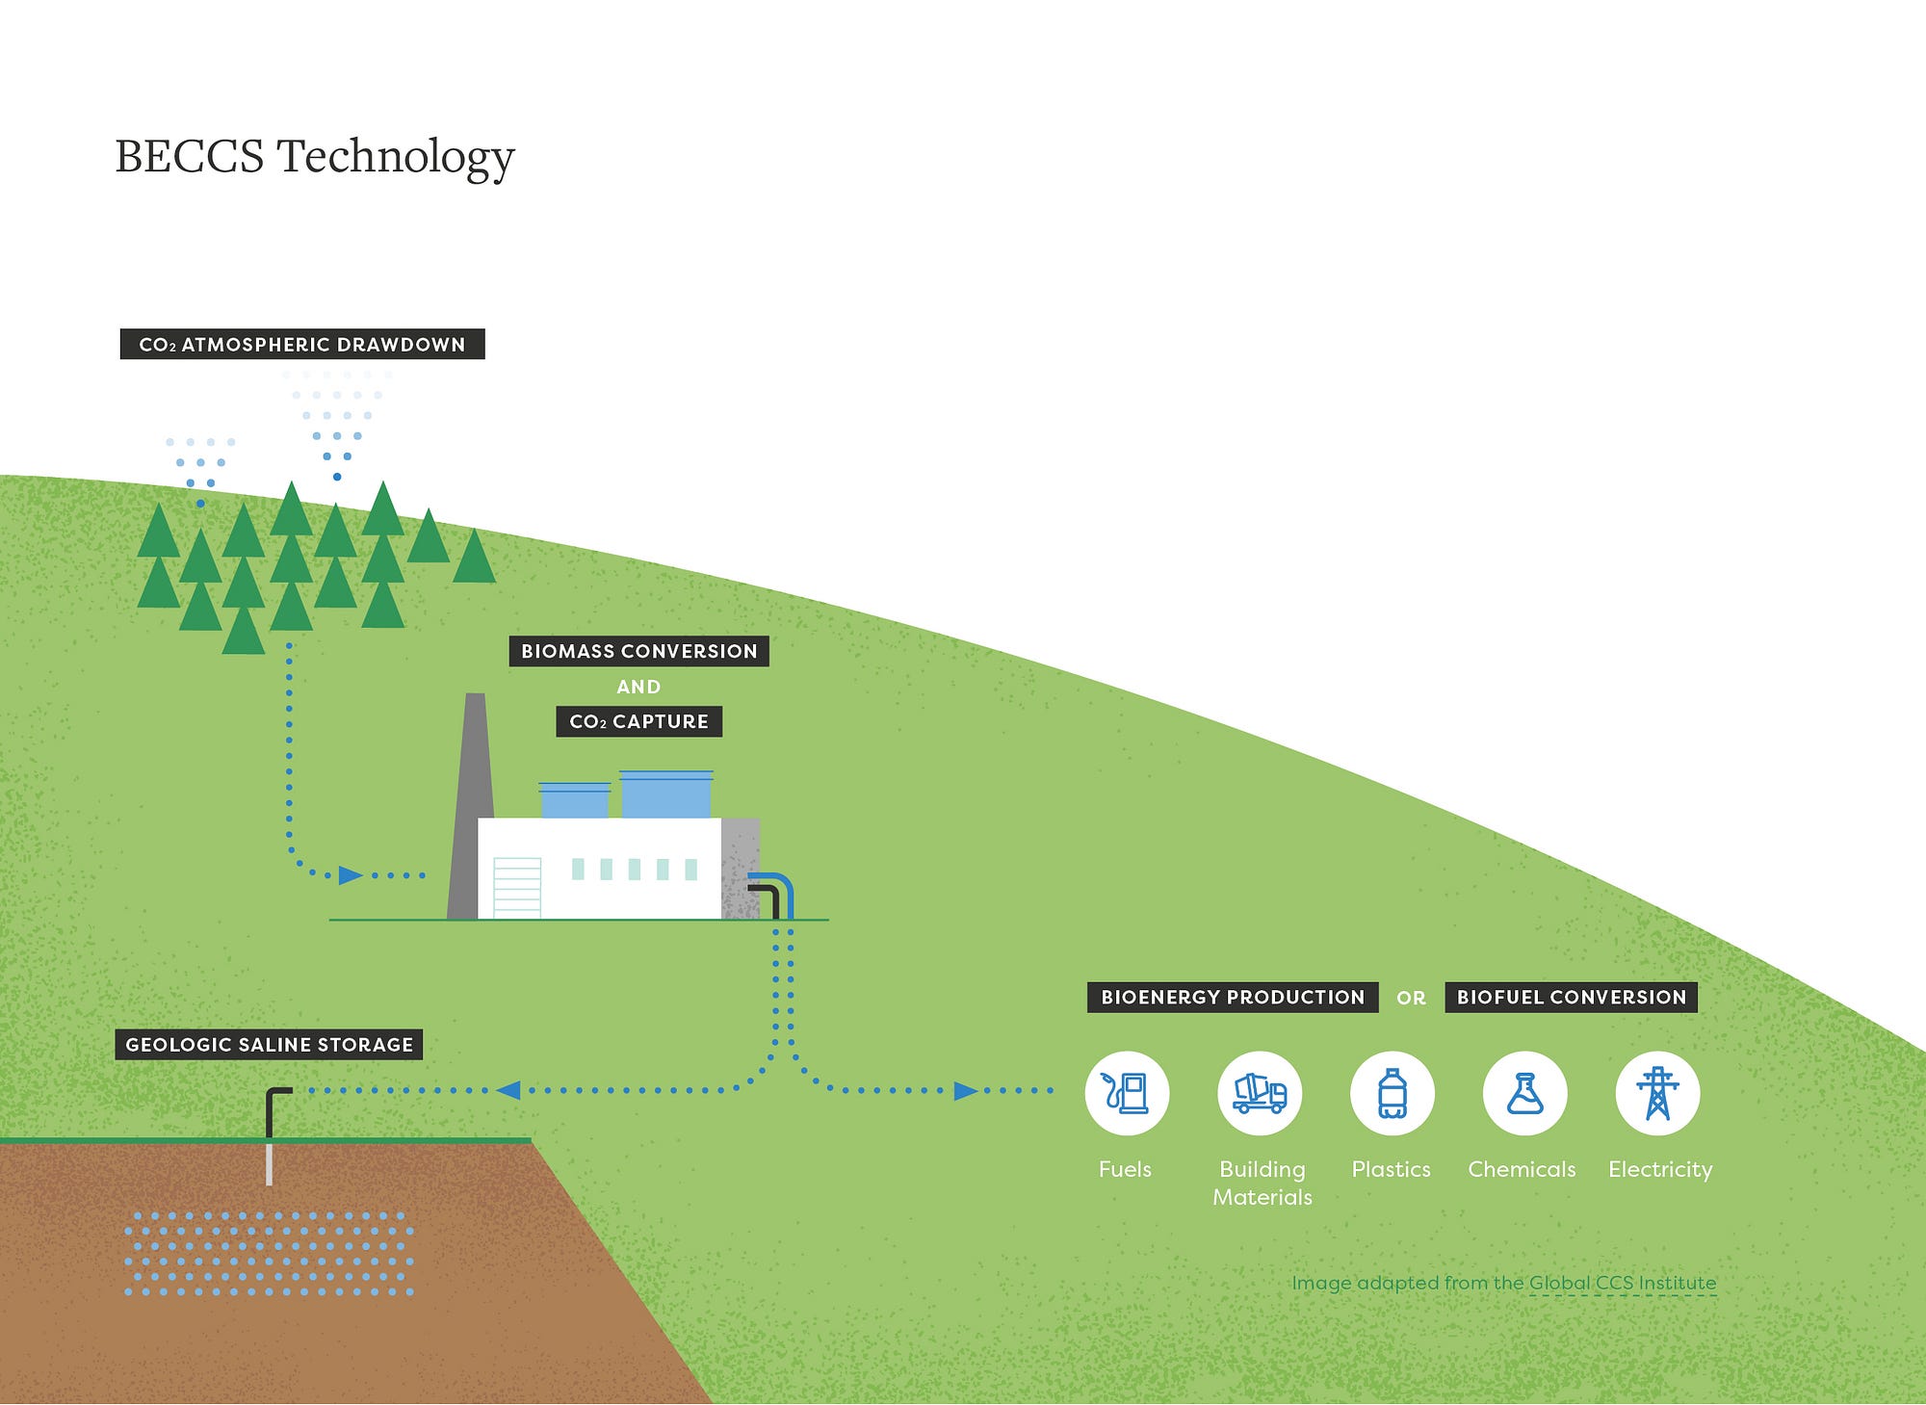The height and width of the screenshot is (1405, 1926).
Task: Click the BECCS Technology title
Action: coord(315,156)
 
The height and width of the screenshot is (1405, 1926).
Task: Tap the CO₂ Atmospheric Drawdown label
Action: coord(302,344)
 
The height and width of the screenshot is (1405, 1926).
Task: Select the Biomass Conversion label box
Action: coord(638,651)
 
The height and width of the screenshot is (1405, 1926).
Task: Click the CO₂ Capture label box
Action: coord(638,721)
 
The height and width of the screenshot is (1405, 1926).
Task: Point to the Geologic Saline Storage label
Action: coord(269,1045)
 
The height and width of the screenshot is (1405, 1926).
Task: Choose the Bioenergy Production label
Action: coord(1233,998)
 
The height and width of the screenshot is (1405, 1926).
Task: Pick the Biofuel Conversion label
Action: coord(1571,998)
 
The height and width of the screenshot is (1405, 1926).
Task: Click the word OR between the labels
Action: coord(1411,999)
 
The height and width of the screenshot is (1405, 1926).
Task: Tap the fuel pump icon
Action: coord(1127,1094)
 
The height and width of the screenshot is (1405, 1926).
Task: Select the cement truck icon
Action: coord(1260,1094)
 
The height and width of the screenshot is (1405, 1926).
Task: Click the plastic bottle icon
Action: coord(1392,1094)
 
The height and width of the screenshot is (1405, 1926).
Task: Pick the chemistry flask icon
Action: coord(1524,1094)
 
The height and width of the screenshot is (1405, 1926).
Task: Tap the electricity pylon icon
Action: coord(1657,1094)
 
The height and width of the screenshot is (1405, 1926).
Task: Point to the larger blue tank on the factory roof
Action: coord(665,794)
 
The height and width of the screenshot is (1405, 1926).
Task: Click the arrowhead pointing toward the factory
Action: coord(351,875)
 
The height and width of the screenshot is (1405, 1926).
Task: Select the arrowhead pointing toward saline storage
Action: coord(508,1090)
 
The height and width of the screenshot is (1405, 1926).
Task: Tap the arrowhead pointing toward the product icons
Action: coord(965,1091)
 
